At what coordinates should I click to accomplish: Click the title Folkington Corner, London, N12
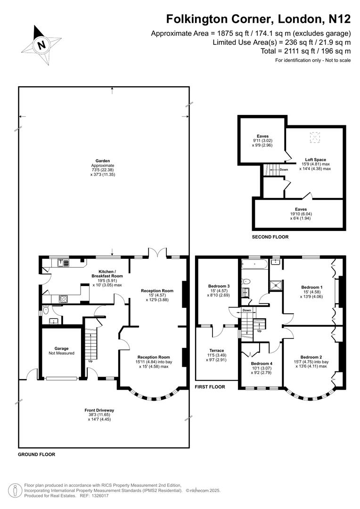tap(258, 19)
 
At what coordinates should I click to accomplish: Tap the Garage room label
tap(62, 348)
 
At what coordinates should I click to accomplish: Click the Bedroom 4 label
tap(260, 363)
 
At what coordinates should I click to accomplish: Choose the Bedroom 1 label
tap(311, 287)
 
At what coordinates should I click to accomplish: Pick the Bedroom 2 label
tap(311, 357)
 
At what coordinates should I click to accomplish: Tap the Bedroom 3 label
tap(219, 286)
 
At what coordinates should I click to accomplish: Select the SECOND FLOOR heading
tap(270, 237)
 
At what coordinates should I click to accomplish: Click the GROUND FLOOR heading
tap(36, 455)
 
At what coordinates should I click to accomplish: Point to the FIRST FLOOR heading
tap(210, 386)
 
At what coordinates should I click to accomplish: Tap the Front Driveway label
tap(99, 410)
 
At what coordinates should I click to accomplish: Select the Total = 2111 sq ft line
tap(305, 51)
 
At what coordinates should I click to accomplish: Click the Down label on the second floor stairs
tap(283, 170)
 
